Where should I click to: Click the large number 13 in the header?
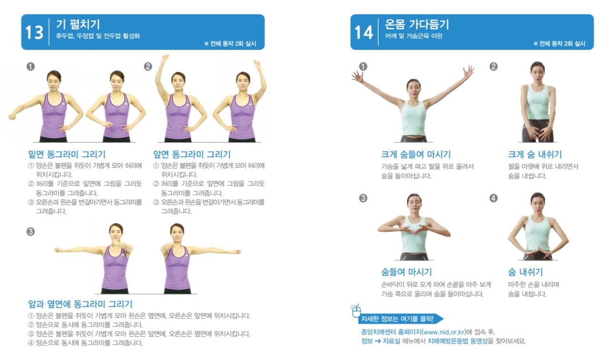(34, 33)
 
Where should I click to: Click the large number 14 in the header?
(364, 33)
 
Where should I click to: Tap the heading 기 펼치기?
(78, 24)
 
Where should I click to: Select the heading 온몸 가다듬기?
(417, 24)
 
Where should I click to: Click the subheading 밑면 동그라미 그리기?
(67, 154)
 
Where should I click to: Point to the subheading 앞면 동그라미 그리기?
(192, 154)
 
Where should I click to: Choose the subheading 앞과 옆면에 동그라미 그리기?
(81, 304)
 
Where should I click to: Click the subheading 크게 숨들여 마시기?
(416, 154)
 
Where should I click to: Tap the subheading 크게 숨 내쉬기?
(535, 154)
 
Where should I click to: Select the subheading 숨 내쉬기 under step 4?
(525, 272)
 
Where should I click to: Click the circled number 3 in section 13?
(30, 231)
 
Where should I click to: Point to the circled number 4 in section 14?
(493, 198)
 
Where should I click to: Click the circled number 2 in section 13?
(148, 66)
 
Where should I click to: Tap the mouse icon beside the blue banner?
(356, 311)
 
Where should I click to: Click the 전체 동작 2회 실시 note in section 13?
(230, 43)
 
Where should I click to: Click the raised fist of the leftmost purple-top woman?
(12, 117)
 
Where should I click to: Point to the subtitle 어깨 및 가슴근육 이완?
(413, 36)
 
